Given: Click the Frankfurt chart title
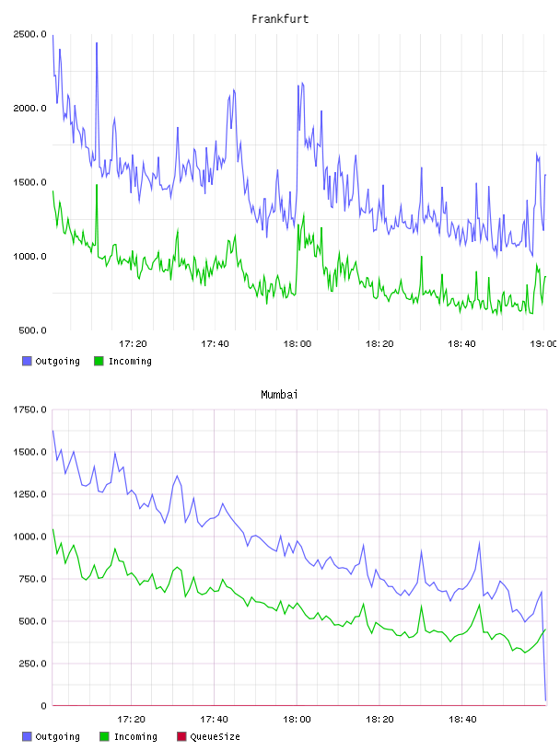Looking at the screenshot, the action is tap(280, 19).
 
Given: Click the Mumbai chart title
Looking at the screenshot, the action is tap(279, 395).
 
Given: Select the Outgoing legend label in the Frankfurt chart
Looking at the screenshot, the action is tap(57, 361).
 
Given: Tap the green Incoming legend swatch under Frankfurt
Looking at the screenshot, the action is tap(99, 361).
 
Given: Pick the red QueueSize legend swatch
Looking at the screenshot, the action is tap(181, 736).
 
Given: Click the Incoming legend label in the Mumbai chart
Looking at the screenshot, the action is tap(135, 736).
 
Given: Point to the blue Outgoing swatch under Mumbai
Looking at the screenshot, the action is tap(27, 736).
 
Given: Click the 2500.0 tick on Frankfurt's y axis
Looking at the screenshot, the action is tap(30, 34).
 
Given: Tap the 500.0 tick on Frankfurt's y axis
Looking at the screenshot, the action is tap(32, 330).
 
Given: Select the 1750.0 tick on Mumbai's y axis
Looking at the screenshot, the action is tap(30, 410).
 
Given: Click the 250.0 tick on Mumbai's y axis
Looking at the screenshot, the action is tap(32, 664).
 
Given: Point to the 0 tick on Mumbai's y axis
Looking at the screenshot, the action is tap(43, 706).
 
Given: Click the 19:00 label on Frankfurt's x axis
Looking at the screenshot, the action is tap(543, 344).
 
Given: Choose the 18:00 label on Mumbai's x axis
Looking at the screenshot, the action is tap(297, 720).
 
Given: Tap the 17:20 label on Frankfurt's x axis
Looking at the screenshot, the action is tap(133, 344).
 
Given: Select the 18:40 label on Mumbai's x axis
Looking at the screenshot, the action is tap(462, 720).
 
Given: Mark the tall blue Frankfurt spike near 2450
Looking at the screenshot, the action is tap(97, 43).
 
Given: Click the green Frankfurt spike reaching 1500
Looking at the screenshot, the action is tap(97, 185).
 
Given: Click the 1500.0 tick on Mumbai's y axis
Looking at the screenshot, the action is tap(30, 452).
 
